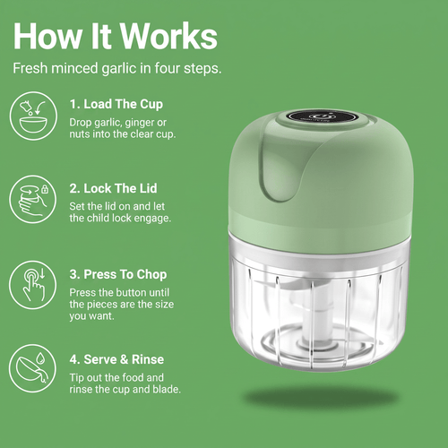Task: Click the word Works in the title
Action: point(168,37)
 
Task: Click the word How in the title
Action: point(47,37)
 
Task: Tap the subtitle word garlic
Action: point(119,69)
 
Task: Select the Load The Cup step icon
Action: point(33,116)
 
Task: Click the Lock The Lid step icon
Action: point(33,200)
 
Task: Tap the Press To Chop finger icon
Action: point(33,285)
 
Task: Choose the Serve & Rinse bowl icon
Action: point(33,368)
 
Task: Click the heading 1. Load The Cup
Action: point(116,104)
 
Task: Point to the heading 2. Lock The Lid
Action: point(113,188)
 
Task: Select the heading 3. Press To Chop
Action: point(118,274)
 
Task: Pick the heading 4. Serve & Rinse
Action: point(116,359)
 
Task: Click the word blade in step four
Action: point(167,390)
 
